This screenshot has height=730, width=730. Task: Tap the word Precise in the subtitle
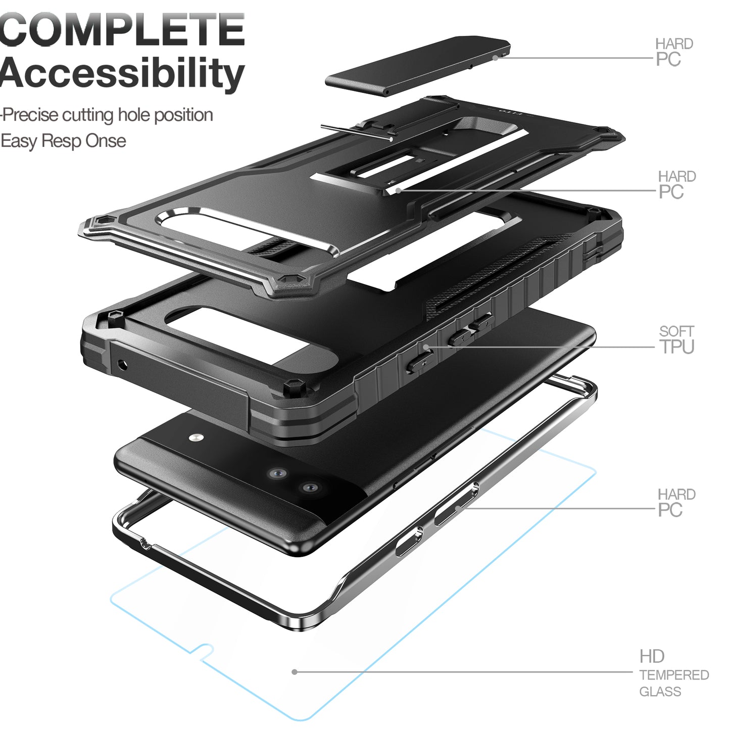tap(31, 115)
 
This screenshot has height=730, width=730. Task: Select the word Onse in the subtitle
tap(106, 141)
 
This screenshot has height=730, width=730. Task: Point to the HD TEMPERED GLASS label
tap(673, 674)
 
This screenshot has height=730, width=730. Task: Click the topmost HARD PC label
tap(674, 52)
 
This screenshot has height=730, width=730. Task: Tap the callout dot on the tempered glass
tap(295, 672)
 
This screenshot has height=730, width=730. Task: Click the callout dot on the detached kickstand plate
tap(495, 58)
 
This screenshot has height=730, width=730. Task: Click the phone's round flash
tap(195, 437)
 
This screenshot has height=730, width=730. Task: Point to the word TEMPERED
tap(674, 675)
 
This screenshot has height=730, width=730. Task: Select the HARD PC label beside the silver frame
tap(676, 503)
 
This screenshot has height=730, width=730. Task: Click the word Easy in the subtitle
tap(19, 141)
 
